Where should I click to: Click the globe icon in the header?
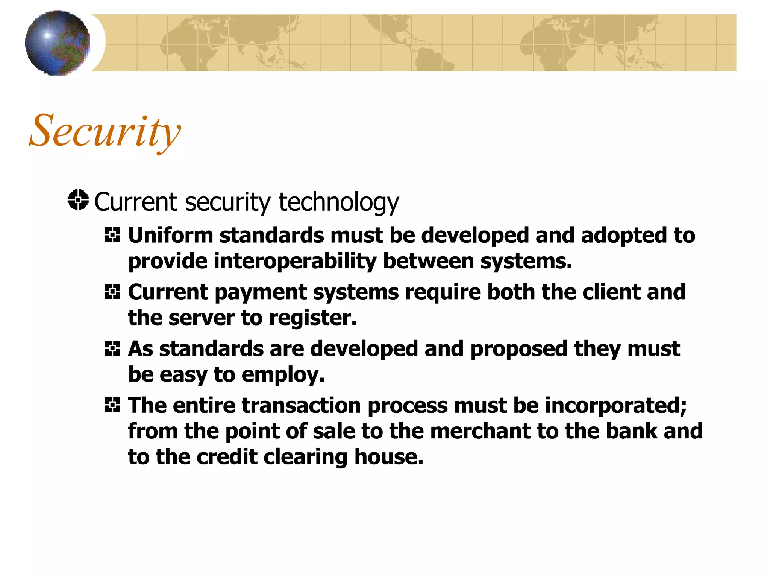pos(58,43)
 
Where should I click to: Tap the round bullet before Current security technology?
pos(78,200)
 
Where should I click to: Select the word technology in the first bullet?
pos(338,202)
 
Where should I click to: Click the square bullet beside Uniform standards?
pos(112,235)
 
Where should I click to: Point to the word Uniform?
pos(170,236)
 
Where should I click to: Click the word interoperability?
pos(295,261)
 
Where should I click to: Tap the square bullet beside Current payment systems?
pos(112,292)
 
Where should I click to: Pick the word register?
pos(312,318)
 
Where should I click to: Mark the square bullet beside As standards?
pos(112,348)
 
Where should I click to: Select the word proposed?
pos(519,349)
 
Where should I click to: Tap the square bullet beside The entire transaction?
pos(112,405)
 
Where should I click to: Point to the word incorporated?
pos(615,406)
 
